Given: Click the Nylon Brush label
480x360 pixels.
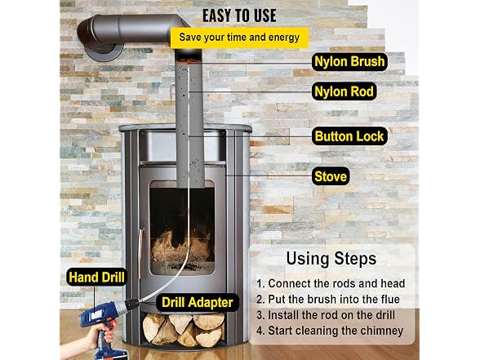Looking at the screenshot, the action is (349, 61).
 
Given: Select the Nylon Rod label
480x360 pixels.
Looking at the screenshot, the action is (344, 91).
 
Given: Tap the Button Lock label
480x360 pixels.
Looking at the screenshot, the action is (349, 136).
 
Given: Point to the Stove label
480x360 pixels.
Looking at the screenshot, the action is (331, 176).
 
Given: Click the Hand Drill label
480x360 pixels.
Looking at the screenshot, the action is (96, 277).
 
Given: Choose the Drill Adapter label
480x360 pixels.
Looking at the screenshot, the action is (198, 302).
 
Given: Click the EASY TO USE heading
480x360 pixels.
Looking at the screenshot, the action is (239, 16).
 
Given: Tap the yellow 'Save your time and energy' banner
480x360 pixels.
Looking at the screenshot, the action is (239, 38).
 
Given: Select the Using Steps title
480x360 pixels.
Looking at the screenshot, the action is (331, 259).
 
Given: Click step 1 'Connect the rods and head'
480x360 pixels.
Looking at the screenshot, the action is (331, 283).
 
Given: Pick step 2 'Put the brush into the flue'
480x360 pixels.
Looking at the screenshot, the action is (328, 300).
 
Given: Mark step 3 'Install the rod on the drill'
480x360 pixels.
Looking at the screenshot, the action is (326, 315).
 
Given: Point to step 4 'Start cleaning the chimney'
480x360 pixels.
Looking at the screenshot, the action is (330, 331).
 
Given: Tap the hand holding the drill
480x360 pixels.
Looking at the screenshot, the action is (91, 340).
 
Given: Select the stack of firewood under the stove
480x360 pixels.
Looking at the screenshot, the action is (184, 330).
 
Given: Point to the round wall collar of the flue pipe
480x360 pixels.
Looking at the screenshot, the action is (104, 51).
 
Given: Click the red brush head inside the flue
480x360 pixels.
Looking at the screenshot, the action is (189, 59).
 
